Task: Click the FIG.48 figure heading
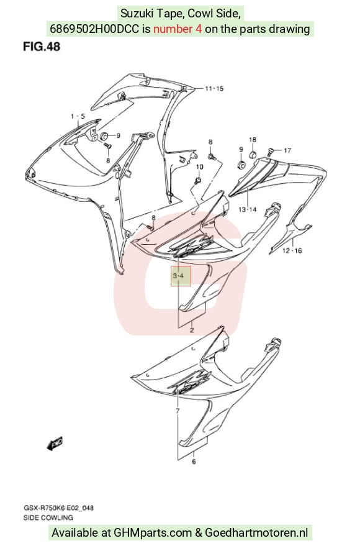[42, 47]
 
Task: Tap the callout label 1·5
[78, 116]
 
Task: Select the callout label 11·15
[214, 88]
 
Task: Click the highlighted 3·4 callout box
[181, 276]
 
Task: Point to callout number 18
[253, 140]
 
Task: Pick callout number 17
[287, 150]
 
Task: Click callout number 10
[200, 167]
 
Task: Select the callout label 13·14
[247, 209]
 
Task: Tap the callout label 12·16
[292, 251]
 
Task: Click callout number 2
[192, 330]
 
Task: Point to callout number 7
[178, 411]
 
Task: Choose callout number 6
[194, 462]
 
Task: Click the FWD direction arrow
[55, 444]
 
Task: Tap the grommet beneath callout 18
[254, 153]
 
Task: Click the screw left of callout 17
[269, 151]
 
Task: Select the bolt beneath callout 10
[198, 180]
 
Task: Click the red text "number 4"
[178, 29]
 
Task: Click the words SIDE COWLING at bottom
[48, 517]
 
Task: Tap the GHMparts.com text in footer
[153, 533]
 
